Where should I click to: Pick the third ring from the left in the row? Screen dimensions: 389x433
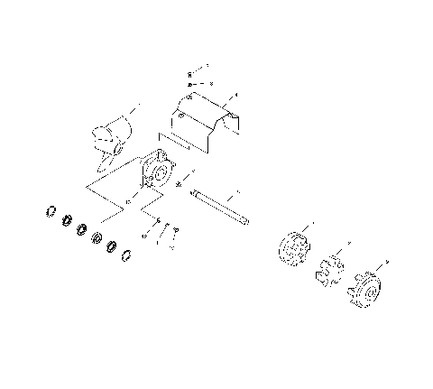pos(82,229)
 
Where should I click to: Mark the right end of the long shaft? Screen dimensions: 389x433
pos(245,223)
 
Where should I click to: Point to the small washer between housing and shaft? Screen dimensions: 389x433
pos(180,185)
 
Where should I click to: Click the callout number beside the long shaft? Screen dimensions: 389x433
pos(239,192)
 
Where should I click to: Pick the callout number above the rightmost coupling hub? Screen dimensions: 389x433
pos(386,261)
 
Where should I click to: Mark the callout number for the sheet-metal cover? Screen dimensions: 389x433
pos(235,94)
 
